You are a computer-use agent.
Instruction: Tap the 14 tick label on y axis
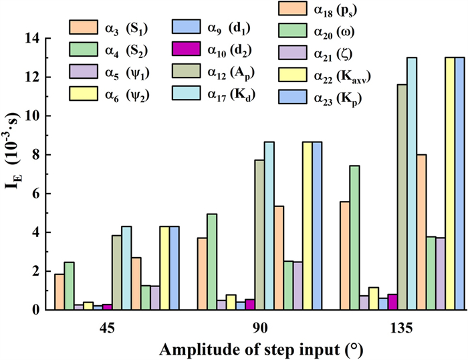coord(34,38)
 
